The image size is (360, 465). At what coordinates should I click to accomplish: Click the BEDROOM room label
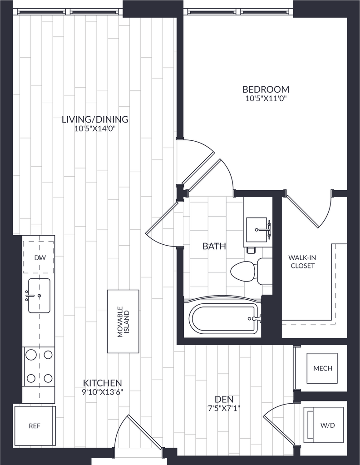[x=266, y=89]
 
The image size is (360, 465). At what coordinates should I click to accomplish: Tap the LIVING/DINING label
[x=95, y=119]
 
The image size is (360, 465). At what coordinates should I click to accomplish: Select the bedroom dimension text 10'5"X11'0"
[x=266, y=99]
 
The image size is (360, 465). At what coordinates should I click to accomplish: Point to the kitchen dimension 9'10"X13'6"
[x=102, y=392]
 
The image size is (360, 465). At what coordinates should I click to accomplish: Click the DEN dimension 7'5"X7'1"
[x=224, y=408]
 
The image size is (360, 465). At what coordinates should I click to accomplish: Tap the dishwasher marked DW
[x=39, y=257]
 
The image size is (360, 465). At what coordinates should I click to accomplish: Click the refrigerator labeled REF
[x=35, y=426]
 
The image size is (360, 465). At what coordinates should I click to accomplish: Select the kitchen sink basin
[x=39, y=295]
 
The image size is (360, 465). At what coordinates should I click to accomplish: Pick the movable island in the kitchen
[x=123, y=322]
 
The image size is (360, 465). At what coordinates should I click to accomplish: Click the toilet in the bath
[x=252, y=271]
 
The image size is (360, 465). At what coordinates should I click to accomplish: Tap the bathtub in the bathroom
[x=223, y=318]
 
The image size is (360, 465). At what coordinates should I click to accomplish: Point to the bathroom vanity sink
[x=257, y=229]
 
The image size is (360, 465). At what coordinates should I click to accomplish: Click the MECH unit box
[x=322, y=368]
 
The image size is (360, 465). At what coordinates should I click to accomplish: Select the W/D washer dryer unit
[x=324, y=425]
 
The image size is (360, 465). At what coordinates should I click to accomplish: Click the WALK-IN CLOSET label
[x=302, y=262]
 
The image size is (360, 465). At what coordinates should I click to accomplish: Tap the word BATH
[x=214, y=246]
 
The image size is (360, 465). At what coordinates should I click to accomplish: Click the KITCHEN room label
[x=102, y=382]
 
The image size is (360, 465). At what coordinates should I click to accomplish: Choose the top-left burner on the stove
[x=31, y=354]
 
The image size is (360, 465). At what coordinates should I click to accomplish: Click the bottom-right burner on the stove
[x=48, y=378]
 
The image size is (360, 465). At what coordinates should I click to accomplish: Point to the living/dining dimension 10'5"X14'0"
[x=95, y=129]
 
